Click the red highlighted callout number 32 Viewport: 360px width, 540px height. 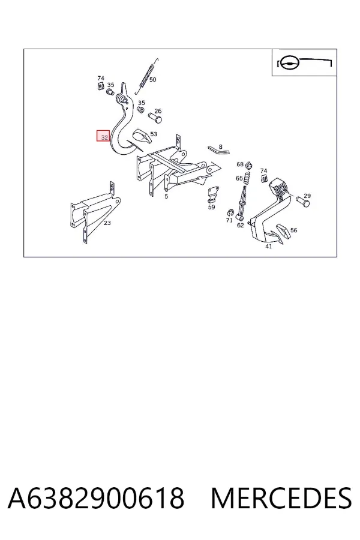(x=103, y=136)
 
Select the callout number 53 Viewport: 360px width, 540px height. (x=154, y=134)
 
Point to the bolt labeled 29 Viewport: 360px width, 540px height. (x=302, y=202)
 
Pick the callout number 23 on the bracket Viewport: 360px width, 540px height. (x=107, y=223)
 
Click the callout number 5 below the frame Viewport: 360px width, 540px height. (x=166, y=196)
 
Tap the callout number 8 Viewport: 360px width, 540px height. (x=220, y=147)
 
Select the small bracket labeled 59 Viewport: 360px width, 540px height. (x=212, y=194)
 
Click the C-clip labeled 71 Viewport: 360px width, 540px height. (x=230, y=213)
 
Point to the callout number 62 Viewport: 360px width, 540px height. (x=240, y=225)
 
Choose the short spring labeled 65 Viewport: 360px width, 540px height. (x=247, y=178)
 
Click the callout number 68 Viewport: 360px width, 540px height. (x=240, y=164)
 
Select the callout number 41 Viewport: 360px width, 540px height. (x=268, y=246)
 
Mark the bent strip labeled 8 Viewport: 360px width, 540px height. (x=218, y=150)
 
